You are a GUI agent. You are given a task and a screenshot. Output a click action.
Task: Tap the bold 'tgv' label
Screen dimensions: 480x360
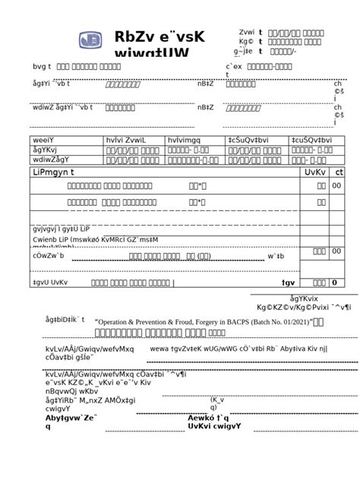pyautogui.click(x=288, y=283)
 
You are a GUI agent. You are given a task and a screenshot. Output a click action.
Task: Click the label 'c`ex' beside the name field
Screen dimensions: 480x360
pyautogui.click(x=233, y=67)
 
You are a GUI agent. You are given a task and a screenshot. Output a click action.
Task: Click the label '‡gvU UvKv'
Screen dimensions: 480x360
pyautogui.click(x=50, y=283)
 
